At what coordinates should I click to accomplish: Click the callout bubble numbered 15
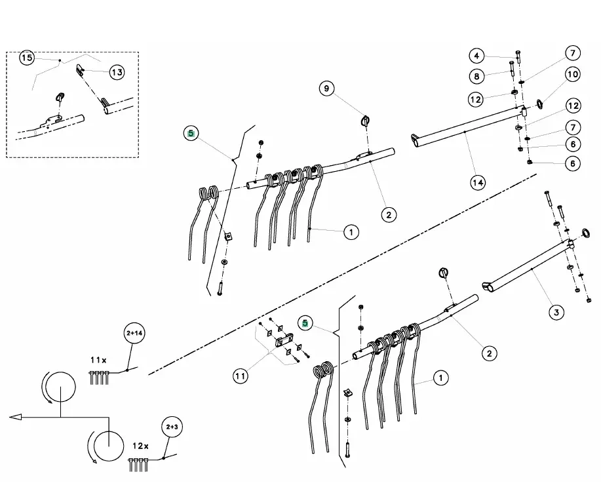[x=26, y=58]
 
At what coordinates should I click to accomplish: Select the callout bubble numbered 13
[x=117, y=72]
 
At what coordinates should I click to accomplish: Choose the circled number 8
[x=477, y=76]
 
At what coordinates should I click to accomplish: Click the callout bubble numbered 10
[x=573, y=75]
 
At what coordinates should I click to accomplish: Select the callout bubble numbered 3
[x=555, y=312]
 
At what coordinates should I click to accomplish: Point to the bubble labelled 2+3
[x=171, y=427]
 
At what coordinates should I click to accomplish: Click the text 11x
[x=98, y=360]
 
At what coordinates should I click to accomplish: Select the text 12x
[x=140, y=446]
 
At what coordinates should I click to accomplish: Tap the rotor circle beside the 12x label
[x=108, y=446]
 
